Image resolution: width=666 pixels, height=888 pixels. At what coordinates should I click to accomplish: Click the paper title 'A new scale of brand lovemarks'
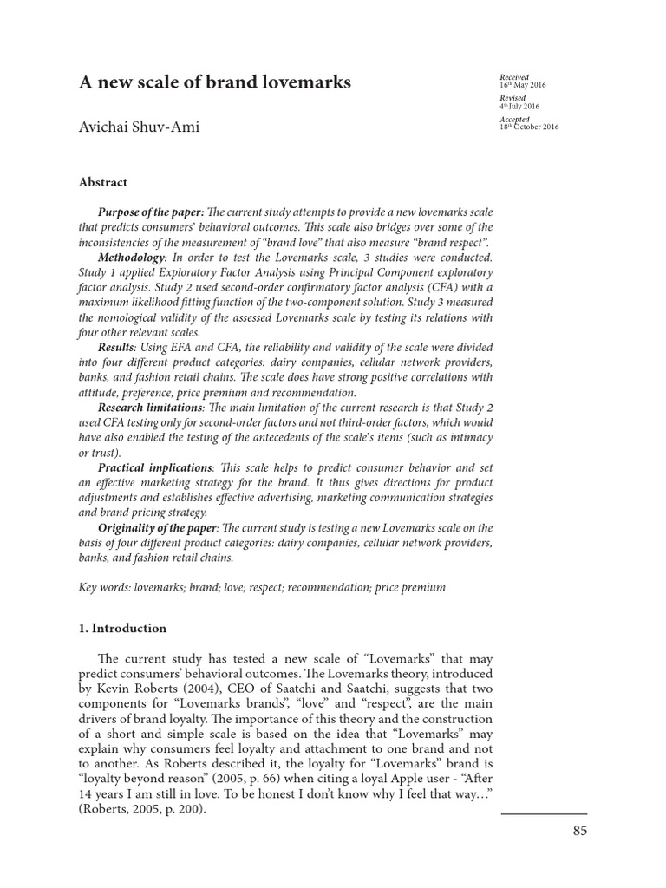(215, 83)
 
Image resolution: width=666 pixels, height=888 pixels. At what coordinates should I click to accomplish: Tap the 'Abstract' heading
(103, 182)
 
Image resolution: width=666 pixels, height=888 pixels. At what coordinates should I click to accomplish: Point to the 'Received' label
(514, 76)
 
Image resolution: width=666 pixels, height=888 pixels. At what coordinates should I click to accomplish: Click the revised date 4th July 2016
(519, 107)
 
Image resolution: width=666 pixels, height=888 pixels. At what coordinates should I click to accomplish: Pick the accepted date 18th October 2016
(530, 127)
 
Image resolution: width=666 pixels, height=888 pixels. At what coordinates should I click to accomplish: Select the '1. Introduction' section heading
(123, 628)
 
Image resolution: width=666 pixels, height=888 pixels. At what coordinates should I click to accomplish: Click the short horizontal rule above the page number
(544, 813)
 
